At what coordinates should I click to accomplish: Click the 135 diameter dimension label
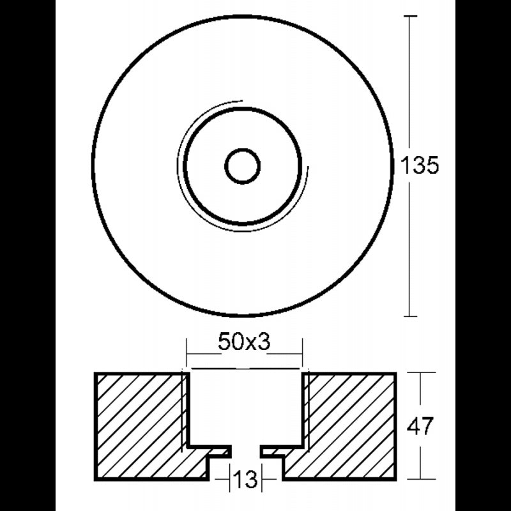pos(420,167)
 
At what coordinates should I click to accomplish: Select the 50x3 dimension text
pos(245,343)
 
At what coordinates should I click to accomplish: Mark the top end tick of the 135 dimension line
pos(409,16)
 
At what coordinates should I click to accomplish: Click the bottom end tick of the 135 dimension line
pos(409,316)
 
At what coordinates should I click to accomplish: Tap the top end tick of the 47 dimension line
pos(420,373)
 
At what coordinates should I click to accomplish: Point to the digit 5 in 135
pos(431,167)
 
